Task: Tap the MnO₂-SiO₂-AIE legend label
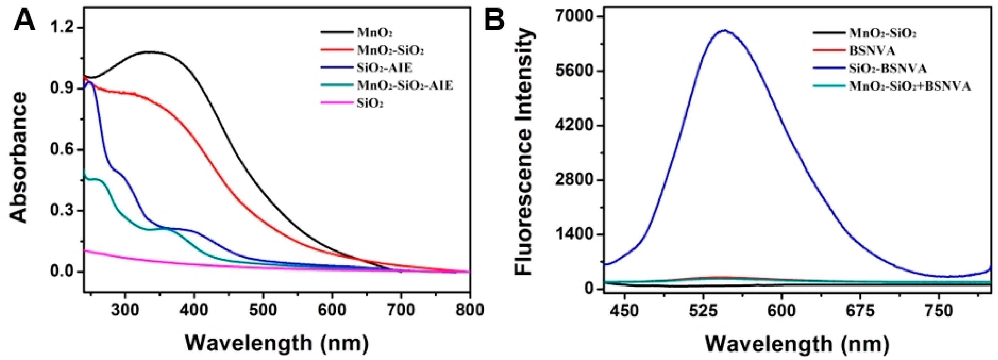point(404,86)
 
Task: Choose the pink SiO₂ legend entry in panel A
point(370,103)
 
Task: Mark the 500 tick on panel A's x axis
point(263,310)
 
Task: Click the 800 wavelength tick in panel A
point(469,310)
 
